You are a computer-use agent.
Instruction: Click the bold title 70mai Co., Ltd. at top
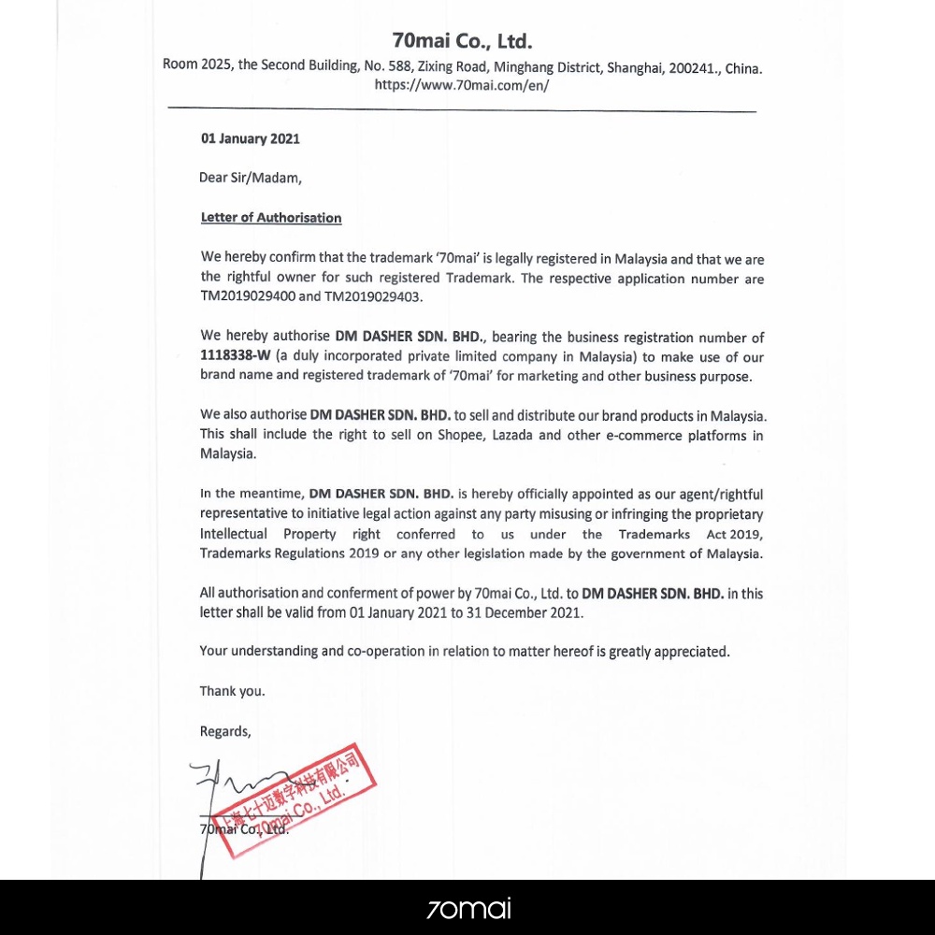(462, 41)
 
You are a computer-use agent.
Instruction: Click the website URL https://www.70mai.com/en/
(462, 84)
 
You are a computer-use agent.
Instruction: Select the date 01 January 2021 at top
(251, 138)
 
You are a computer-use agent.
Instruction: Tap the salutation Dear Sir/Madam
(250, 178)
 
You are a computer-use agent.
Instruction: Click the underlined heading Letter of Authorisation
(271, 218)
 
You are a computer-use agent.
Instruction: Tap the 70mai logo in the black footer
(467, 908)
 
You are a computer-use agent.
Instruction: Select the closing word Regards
(224, 731)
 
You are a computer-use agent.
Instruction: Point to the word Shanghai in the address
(634, 67)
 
